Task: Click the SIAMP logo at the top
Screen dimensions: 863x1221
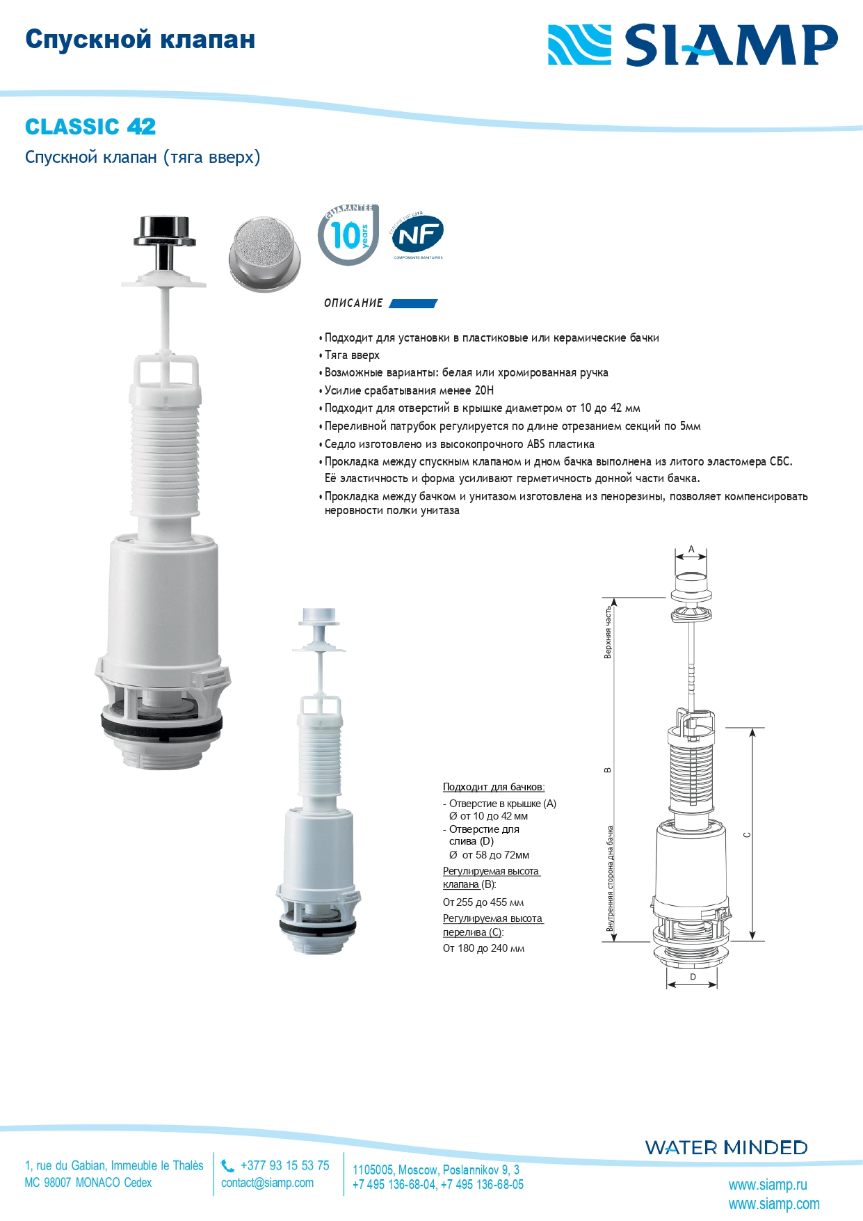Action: click(693, 45)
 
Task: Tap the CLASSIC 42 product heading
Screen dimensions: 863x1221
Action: click(90, 127)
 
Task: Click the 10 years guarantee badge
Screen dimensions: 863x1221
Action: click(348, 234)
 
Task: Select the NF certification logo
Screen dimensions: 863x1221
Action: click(417, 234)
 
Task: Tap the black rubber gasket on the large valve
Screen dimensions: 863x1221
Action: click(162, 725)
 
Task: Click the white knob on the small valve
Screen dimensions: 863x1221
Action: click(318, 616)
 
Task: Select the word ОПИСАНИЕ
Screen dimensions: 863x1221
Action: click(353, 303)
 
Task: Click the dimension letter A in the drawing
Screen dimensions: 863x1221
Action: click(691, 549)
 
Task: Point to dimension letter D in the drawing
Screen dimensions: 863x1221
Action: click(693, 977)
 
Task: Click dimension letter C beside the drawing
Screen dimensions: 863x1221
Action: click(747, 834)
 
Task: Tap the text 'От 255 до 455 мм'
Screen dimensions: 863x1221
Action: click(483, 902)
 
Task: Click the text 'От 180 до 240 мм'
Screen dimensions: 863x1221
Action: click(484, 948)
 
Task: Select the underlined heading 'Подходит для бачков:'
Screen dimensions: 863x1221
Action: click(494, 787)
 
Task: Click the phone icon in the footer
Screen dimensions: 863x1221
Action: click(227, 1165)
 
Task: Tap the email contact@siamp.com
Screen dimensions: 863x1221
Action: click(267, 1183)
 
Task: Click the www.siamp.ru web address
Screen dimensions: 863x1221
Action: click(768, 1184)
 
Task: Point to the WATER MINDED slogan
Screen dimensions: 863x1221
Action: click(726, 1147)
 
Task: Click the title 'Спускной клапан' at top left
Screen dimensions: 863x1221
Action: click(140, 40)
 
